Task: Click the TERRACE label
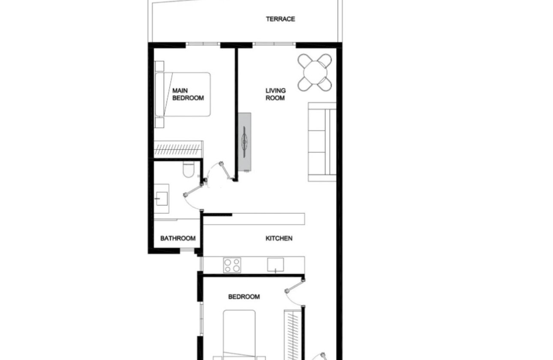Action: (280, 19)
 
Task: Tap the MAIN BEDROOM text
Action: (188, 94)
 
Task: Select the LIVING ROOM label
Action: (275, 94)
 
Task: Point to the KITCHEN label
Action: (279, 238)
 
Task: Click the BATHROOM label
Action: (178, 239)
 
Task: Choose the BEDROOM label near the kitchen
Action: (243, 297)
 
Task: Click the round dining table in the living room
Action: (315, 72)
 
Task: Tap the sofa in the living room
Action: (322, 141)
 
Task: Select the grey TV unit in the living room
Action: (245, 141)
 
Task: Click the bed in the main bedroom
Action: (183, 94)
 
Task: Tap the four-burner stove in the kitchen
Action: (232, 265)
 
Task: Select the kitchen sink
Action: (275, 265)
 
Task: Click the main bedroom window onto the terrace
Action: (203, 44)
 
